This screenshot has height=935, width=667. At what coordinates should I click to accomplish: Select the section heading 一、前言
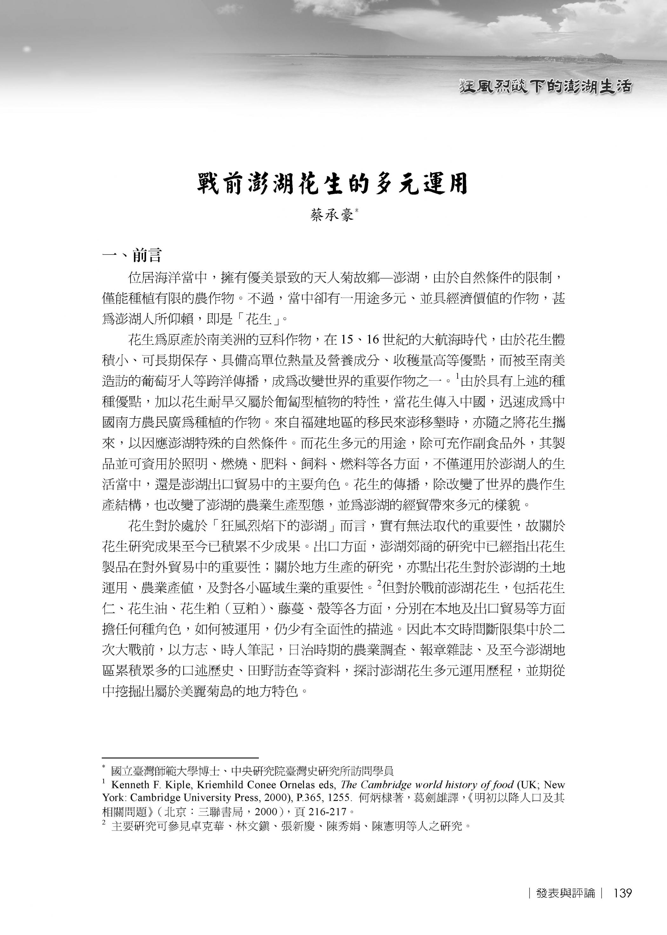click(132, 255)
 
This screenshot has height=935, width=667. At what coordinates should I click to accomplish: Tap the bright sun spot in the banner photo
click(27, 50)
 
